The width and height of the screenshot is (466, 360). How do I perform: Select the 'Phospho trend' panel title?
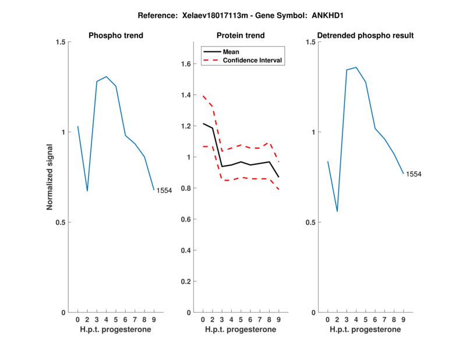coord(116,36)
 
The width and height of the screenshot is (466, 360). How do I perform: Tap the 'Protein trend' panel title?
coord(241,36)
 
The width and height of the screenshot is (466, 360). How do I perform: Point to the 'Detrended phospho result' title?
coord(365,36)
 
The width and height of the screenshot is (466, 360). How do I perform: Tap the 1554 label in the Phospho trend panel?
coord(164,190)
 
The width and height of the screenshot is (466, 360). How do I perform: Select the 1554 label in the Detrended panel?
coord(414,174)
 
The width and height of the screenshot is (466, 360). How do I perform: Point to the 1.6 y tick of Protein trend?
coord(186,63)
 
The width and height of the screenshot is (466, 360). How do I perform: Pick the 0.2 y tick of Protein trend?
coord(186,281)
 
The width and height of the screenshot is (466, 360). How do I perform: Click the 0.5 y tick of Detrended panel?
coord(310,223)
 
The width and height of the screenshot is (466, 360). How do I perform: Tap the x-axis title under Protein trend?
coord(241,330)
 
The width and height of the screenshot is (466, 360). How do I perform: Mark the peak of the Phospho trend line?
coord(106,76)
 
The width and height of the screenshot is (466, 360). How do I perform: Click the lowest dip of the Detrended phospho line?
coord(337,211)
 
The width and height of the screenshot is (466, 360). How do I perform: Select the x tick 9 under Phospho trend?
coord(154,320)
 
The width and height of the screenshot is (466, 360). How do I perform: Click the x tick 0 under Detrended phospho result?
coord(327,320)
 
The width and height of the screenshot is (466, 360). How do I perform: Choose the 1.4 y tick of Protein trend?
coord(186,95)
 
